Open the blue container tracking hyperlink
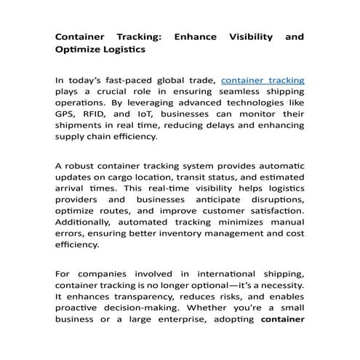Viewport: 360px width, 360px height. (x=263, y=80)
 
